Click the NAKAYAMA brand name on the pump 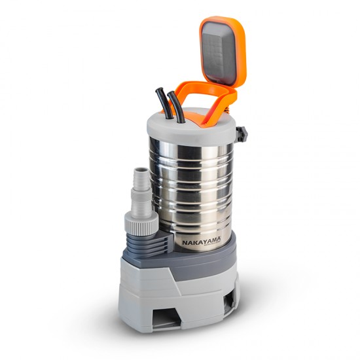click(x=202, y=242)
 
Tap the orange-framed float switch click(x=222, y=50)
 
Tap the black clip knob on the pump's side click(x=242, y=134)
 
